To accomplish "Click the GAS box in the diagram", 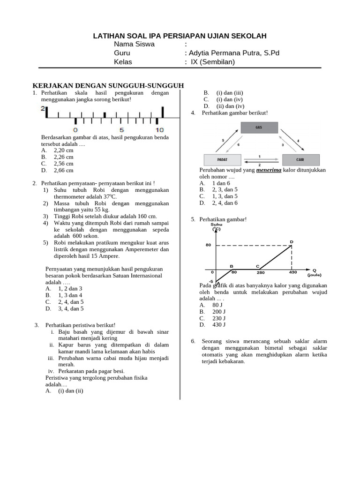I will coord(259,127).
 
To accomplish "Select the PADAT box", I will coord(222,159).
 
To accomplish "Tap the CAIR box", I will coord(300,159).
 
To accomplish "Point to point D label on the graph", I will coord(292,241).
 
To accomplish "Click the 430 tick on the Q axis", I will coord(293,272).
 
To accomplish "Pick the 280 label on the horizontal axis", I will coord(261,272).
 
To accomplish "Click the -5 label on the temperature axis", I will coord(211,281).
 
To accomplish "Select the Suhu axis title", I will coord(216,225).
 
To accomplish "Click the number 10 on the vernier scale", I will coord(160,130).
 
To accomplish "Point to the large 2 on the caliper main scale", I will coord(43,109).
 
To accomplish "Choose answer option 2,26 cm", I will coord(64,157).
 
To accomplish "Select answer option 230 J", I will coord(219,318).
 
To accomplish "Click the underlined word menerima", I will coord(269,170).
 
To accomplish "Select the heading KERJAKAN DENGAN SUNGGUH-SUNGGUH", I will coord(107,85).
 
